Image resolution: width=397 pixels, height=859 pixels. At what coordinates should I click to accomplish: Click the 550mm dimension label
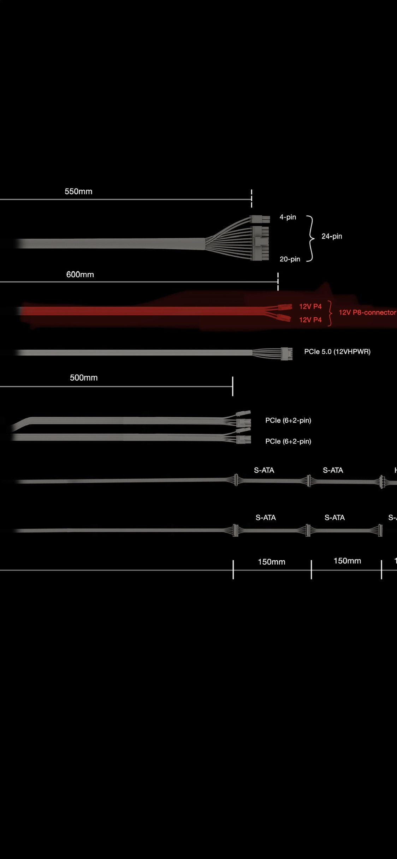click(x=78, y=191)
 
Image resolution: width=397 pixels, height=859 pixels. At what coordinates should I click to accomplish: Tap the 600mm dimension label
click(x=80, y=274)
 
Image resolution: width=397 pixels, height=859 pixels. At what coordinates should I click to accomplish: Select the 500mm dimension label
click(x=84, y=377)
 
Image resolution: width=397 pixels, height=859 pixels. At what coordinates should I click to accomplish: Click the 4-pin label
click(x=288, y=217)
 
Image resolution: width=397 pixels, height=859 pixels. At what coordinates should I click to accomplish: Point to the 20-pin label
click(x=290, y=259)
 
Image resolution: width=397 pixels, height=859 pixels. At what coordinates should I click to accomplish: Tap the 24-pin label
click(x=332, y=236)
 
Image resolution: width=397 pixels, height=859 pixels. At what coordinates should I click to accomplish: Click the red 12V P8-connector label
click(x=367, y=312)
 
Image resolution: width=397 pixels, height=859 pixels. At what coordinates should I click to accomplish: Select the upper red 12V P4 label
click(x=310, y=306)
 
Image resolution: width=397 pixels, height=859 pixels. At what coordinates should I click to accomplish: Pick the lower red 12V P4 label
click(x=310, y=320)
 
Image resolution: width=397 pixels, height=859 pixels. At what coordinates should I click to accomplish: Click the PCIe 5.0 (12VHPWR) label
click(x=337, y=352)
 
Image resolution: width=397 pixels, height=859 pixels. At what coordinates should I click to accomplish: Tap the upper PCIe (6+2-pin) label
click(x=288, y=420)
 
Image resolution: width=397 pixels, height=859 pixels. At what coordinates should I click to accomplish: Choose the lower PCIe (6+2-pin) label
click(x=288, y=441)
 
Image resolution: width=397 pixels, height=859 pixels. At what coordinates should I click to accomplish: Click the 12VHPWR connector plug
click(x=286, y=354)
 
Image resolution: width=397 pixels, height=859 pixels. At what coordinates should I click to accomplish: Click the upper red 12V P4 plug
click(x=285, y=306)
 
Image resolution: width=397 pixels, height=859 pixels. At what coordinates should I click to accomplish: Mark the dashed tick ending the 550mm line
click(x=251, y=198)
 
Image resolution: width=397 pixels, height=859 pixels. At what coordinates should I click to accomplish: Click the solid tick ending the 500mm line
click(x=233, y=386)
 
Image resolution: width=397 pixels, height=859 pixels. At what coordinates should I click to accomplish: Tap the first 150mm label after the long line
click(x=272, y=562)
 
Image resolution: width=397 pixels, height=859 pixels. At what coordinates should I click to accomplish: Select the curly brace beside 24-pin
click(x=310, y=238)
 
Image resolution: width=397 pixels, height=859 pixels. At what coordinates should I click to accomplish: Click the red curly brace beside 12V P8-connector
click(x=330, y=313)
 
